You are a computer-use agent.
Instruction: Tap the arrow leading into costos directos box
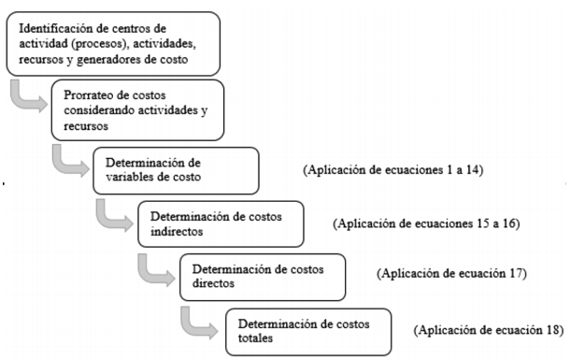click(153, 270)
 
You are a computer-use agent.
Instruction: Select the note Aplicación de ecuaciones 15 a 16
click(425, 225)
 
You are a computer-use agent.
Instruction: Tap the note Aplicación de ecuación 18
click(490, 330)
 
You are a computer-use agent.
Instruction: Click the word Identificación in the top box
click(53, 22)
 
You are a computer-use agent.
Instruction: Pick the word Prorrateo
click(91, 94)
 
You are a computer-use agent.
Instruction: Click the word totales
click(255, 339)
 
